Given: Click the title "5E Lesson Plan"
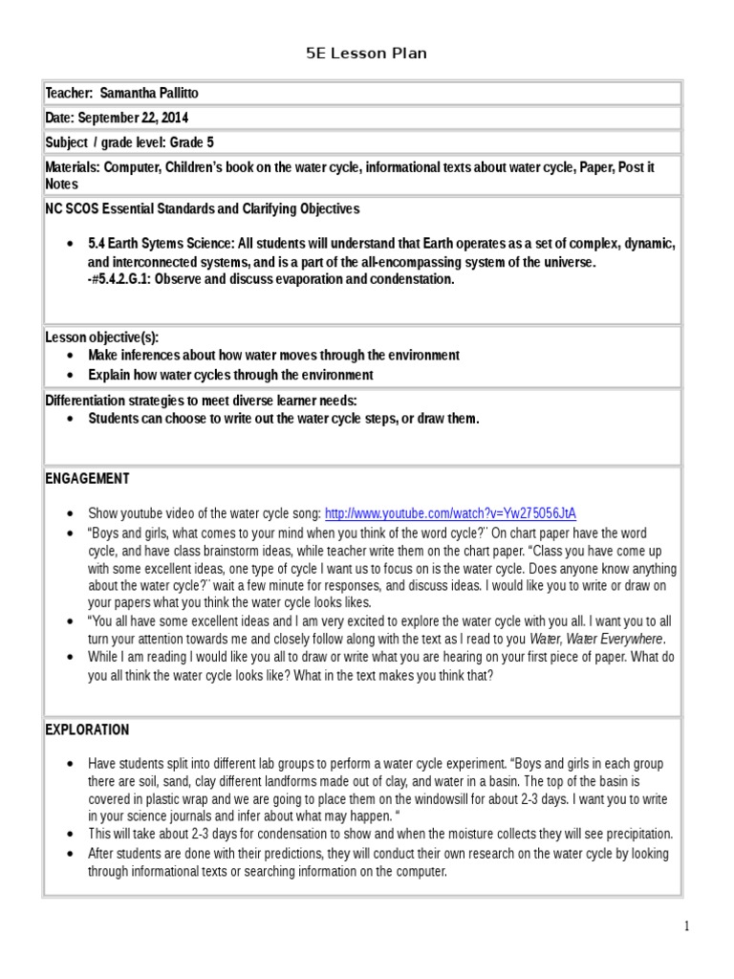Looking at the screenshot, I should [x=366, y=54].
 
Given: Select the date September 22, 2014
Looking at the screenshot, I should [x=133, y=119].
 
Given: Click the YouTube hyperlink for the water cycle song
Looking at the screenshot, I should [x=450, y=512].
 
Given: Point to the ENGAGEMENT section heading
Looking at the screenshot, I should [x=88, y=479].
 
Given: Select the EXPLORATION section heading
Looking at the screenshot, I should [x=87, y=730].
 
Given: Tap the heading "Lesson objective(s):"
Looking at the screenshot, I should [x=102, y=337].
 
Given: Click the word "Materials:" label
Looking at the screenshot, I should [x=74, y=167].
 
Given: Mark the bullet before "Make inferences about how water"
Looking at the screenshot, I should [x=73, y=356].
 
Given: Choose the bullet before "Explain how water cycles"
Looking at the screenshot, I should [x=73, y=376].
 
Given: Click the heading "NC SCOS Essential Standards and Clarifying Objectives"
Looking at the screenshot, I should [x=203, y=208].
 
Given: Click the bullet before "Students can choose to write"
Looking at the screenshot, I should [x=73, y=419].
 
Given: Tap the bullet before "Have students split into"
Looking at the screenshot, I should [x=73, y=765].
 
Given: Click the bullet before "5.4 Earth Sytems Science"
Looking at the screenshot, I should [x=73, y=245].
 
